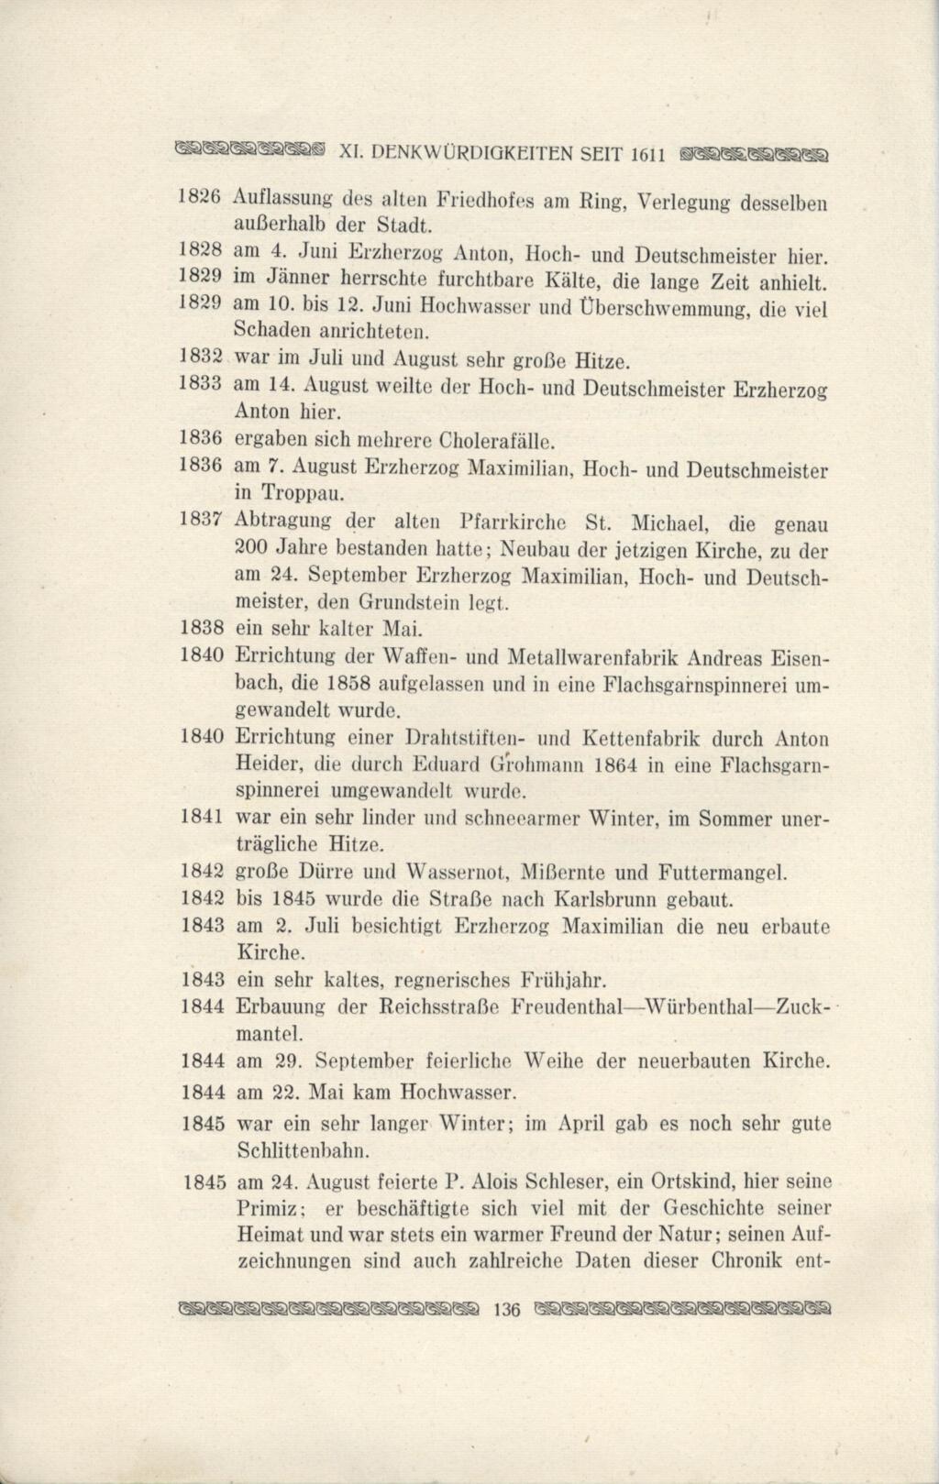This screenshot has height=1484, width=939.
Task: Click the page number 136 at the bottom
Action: [506, 1310]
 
